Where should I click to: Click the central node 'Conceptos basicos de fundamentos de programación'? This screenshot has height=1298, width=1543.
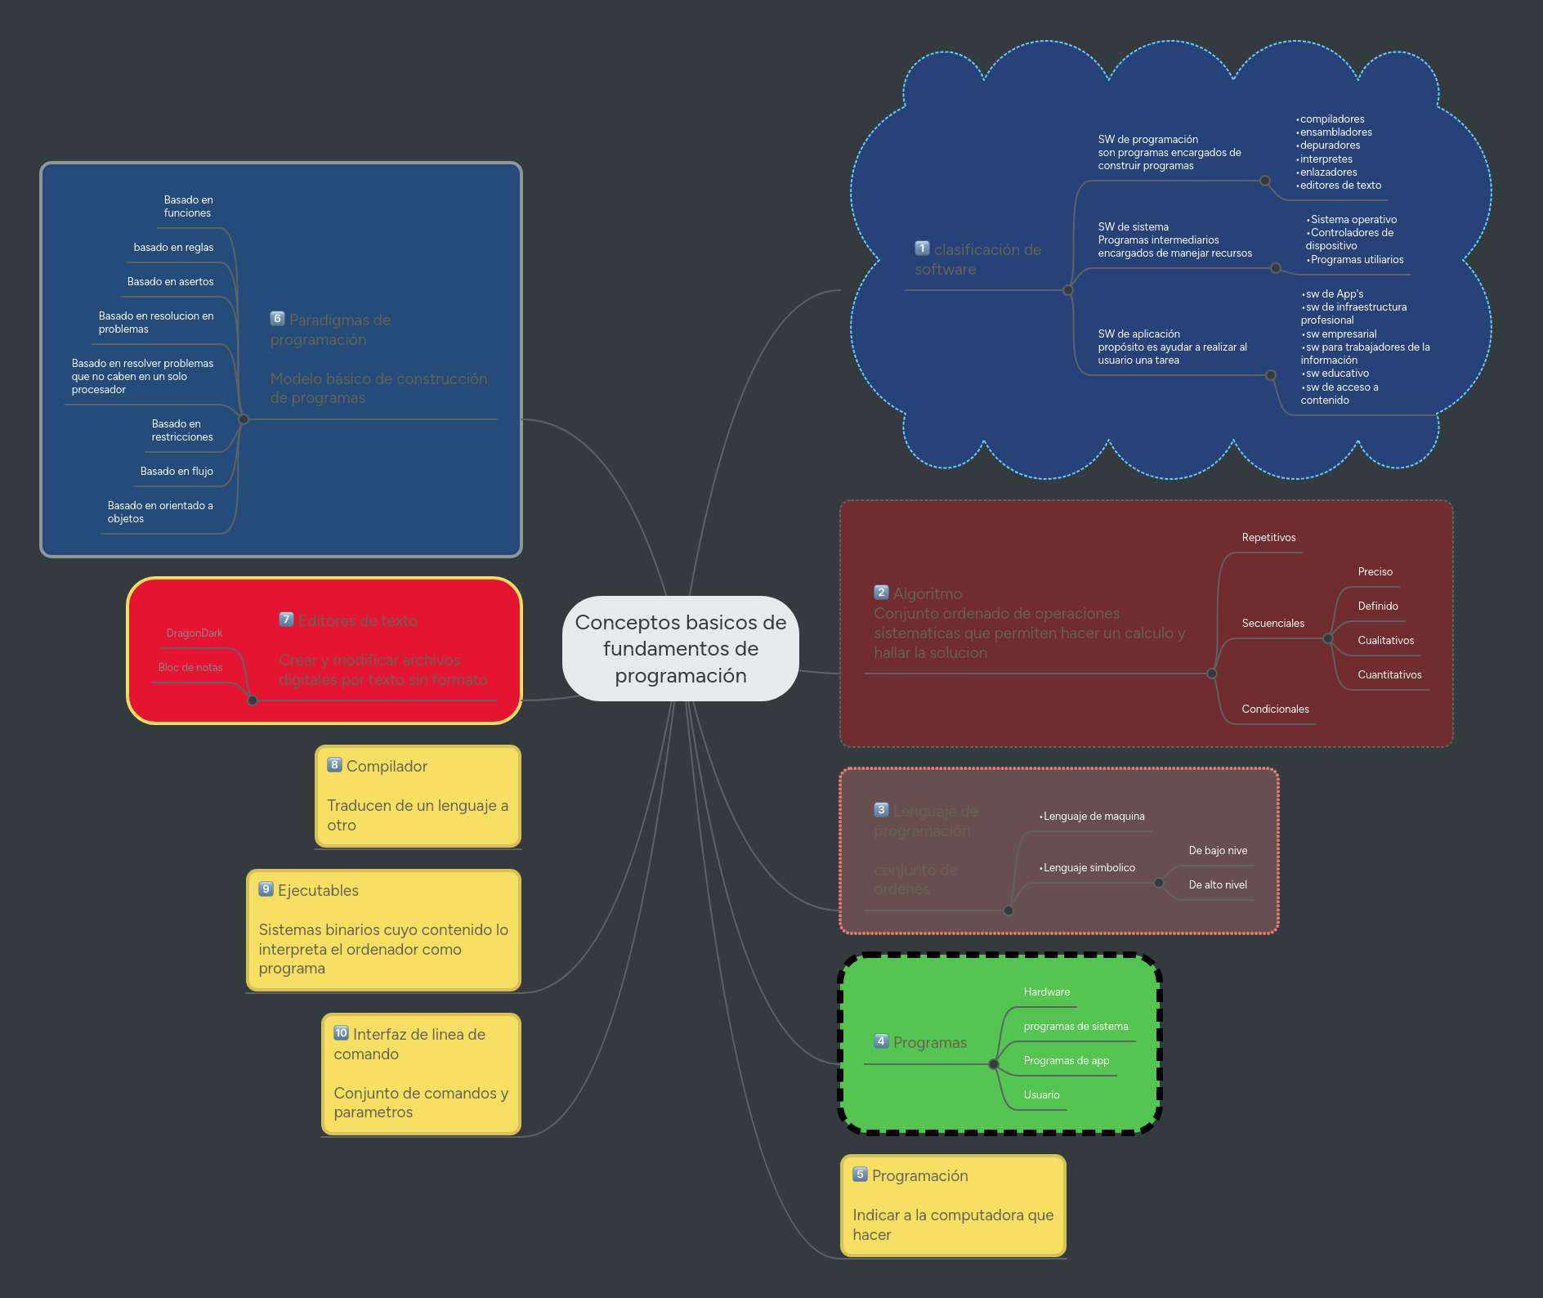(680, 648)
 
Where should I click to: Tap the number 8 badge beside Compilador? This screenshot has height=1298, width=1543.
(334, 765)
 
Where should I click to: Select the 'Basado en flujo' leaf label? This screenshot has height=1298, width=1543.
(177, 472)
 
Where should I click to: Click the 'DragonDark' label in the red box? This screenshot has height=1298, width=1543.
(195, 633)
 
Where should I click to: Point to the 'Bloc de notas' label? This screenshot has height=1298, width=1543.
(190, 668)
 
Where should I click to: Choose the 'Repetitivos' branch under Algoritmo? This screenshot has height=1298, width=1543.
(1268, 538)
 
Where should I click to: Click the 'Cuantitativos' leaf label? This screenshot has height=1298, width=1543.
(1389, 675)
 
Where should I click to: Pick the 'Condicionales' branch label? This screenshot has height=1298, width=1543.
(1275, 709)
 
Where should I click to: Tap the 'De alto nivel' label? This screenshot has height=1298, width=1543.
(1218, 885)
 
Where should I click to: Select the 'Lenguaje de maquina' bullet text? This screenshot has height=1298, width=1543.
(1094, 817)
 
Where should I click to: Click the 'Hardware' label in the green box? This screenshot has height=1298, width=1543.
(1046, 992)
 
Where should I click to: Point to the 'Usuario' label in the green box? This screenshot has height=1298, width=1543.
(1041, 1095)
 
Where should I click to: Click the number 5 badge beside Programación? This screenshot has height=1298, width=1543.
(860, 1175)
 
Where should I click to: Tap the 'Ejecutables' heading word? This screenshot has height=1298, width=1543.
(318, 891)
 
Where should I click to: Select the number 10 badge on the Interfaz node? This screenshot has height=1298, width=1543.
(341, 1033)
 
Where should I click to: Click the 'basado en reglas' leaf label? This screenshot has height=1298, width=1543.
(173, 248)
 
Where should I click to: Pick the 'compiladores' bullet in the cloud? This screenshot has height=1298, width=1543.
(1332, 119)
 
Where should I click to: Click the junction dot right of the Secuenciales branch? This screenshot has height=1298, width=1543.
(1327, 638)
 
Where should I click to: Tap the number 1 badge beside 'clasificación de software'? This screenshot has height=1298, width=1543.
(922, 248)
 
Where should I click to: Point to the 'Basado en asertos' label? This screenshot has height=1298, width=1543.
(170, 282)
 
